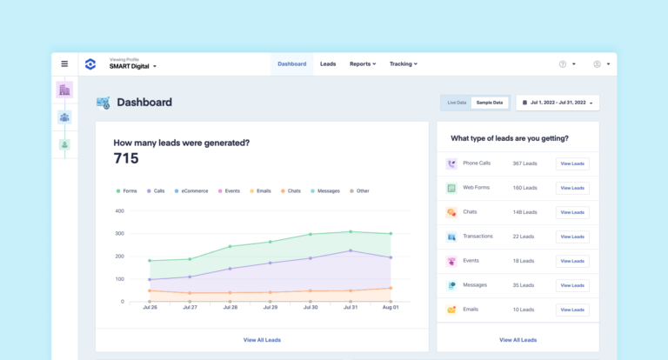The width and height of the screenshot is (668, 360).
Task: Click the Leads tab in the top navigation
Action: click(x=328, y=64)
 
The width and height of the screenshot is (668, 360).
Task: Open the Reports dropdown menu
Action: click(x=362, y=64)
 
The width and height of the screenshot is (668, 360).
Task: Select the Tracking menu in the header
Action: click(x=403, y=64)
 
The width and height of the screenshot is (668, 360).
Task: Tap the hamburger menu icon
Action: click(x=64, y=63)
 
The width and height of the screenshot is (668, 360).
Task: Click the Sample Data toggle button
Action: click(x=490, y=103)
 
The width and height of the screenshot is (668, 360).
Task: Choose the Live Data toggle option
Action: click(x=457, y=103)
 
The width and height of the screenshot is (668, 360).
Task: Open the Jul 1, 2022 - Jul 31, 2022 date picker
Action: click(x=558, y=103)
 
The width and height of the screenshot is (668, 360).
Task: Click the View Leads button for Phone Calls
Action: click(x=572, y=163)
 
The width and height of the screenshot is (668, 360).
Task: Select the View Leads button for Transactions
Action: click(x=572, y=237)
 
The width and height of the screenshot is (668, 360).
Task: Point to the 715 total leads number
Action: click(x=126, y=158)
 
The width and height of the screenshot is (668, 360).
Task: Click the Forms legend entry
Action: click(x=127, y=190)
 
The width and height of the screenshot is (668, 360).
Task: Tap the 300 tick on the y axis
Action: click(x=119, y=234)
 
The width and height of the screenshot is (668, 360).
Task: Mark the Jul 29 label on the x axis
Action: click(x=270, y=307)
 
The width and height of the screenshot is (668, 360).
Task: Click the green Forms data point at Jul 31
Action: click(x=351, y=231)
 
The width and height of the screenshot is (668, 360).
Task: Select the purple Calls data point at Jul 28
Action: click(x=230, y=269)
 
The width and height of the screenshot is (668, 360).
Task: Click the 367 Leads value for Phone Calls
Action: click(x=524, y=163)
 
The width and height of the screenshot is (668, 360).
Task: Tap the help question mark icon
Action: click(x=563, y=64)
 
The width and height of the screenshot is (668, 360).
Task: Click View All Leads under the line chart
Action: click(x=262, y=340)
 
